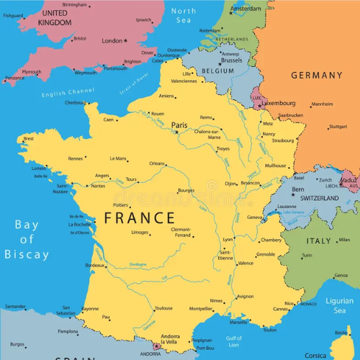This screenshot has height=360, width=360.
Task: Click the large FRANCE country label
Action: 140,217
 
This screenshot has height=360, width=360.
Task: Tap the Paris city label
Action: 179,125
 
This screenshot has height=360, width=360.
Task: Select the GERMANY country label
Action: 317,76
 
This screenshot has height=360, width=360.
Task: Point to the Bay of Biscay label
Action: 27,240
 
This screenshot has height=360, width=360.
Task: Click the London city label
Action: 112,41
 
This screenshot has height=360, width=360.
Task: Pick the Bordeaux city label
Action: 95,266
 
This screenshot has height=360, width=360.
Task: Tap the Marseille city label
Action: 238,322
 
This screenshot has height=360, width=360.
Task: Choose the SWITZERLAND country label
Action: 319,197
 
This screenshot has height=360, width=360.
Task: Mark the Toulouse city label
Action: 163,308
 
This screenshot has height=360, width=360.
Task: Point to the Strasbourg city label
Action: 282,140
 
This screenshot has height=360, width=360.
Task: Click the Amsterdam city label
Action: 246,9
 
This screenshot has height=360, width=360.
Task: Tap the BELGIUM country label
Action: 217,72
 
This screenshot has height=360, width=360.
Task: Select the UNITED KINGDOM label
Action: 55,18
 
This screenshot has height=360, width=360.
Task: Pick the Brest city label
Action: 29,138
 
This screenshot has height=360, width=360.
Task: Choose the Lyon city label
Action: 228,239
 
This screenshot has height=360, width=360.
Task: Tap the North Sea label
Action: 184,16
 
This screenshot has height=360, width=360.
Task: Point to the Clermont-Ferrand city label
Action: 181,233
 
